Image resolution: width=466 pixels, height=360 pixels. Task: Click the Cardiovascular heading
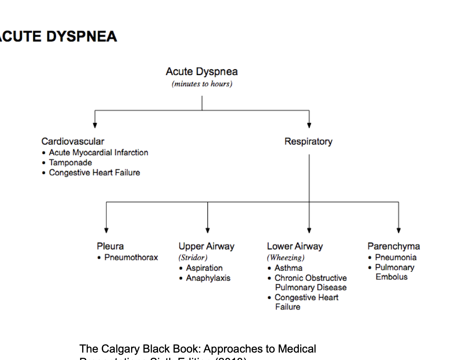click(73, 141)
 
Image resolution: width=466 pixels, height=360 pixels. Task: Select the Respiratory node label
click(308, 141)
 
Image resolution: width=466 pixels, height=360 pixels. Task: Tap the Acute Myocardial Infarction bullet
click(98, 152)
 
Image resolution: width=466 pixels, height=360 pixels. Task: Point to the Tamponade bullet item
click(70, 163)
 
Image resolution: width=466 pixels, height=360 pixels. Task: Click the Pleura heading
click(110, 246)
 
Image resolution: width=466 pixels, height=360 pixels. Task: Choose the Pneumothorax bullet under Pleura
click(131, 257)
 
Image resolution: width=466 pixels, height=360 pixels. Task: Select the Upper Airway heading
click(206, 246)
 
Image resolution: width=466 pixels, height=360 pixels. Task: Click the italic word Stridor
click(193, 257)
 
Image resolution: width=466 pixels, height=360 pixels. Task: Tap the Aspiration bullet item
click(204, 268)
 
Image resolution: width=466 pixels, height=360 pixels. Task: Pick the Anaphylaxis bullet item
click(208, 278)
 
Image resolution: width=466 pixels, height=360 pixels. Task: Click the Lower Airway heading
click(295, 246)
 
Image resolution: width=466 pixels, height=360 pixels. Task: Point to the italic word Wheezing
click(286, 257)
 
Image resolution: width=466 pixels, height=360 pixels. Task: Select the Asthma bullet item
click(288, 268)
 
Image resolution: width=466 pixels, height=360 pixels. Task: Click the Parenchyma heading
click(394, 246)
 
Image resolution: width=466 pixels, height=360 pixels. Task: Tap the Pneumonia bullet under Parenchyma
click(395, 257)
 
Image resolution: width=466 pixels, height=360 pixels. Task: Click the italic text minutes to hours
click(202, 84)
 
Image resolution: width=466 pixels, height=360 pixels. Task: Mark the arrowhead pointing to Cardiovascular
click(95, 125)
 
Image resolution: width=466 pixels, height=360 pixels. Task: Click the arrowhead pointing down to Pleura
click(106, 230)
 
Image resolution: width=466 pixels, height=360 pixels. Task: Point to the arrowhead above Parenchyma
click(399, 230)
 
